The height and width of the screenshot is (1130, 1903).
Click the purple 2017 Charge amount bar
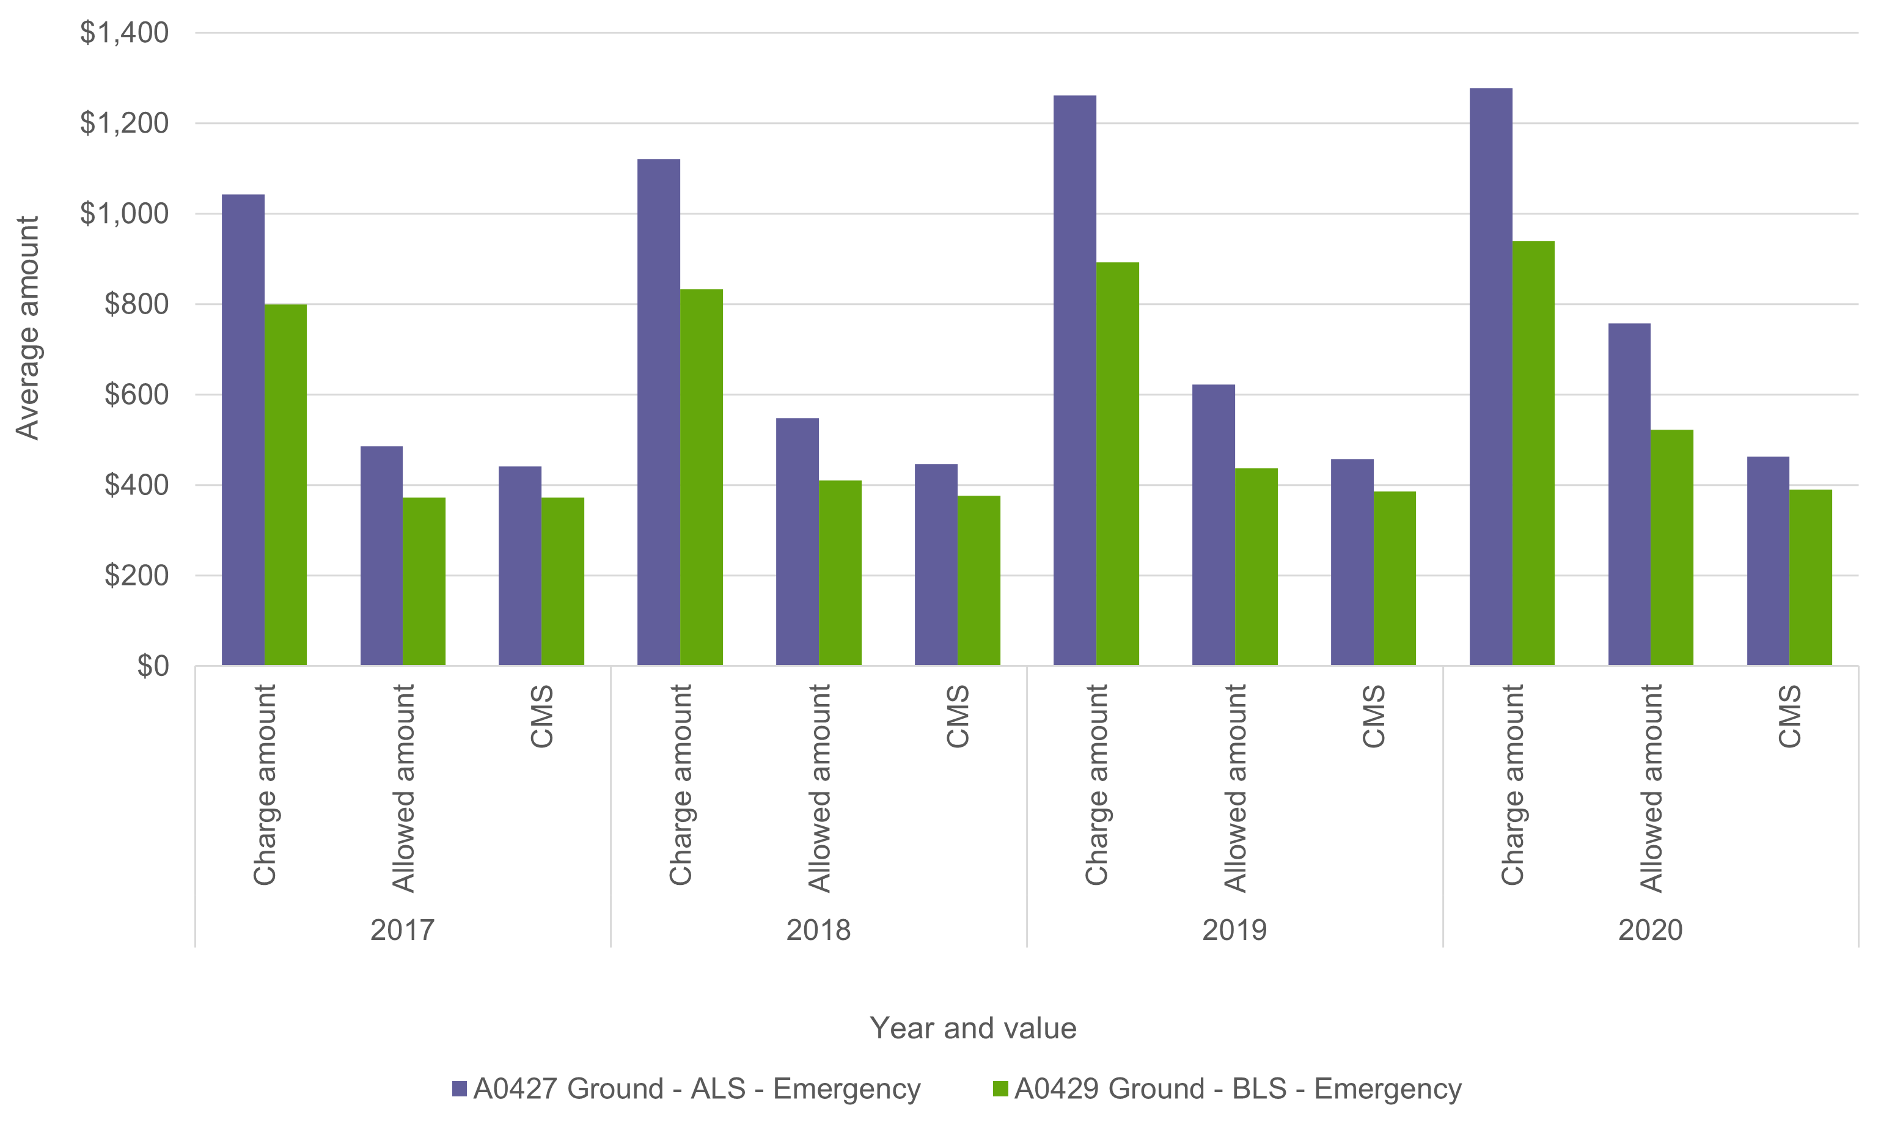pos(243,430)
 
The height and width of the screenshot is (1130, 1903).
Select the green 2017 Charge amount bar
pos(285,485)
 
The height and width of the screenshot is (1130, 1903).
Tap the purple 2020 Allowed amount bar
pos(1629,495)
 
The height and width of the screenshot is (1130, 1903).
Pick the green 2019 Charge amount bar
pos(1118,464)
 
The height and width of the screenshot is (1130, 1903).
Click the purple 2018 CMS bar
pos(936,565)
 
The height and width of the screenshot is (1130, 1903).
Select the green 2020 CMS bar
pos(1810,578)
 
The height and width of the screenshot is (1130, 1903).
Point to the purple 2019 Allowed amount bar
pos(1213,526)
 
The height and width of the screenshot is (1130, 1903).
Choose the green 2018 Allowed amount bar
pos(840,573)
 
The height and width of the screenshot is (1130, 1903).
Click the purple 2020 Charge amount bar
pos(1491,377)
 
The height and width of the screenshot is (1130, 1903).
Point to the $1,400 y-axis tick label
pos(124,33)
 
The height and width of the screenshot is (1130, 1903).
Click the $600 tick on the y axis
pos(136,394)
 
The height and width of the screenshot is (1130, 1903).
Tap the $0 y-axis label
pos(152,666)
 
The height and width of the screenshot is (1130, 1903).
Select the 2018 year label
pos(818,930)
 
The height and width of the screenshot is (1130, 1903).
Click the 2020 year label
pos(1650,930)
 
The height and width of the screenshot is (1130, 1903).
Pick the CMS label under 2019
pos(1373,716)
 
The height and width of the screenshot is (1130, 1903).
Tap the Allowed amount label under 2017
pos(403,788)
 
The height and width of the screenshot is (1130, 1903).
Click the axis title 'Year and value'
pos(973,1028)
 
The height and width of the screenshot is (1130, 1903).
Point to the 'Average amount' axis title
pos(28,328)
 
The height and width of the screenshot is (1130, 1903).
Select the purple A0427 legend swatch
pos(459,1089)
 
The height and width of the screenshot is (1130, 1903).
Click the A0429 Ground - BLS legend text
pos(1237,1089)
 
